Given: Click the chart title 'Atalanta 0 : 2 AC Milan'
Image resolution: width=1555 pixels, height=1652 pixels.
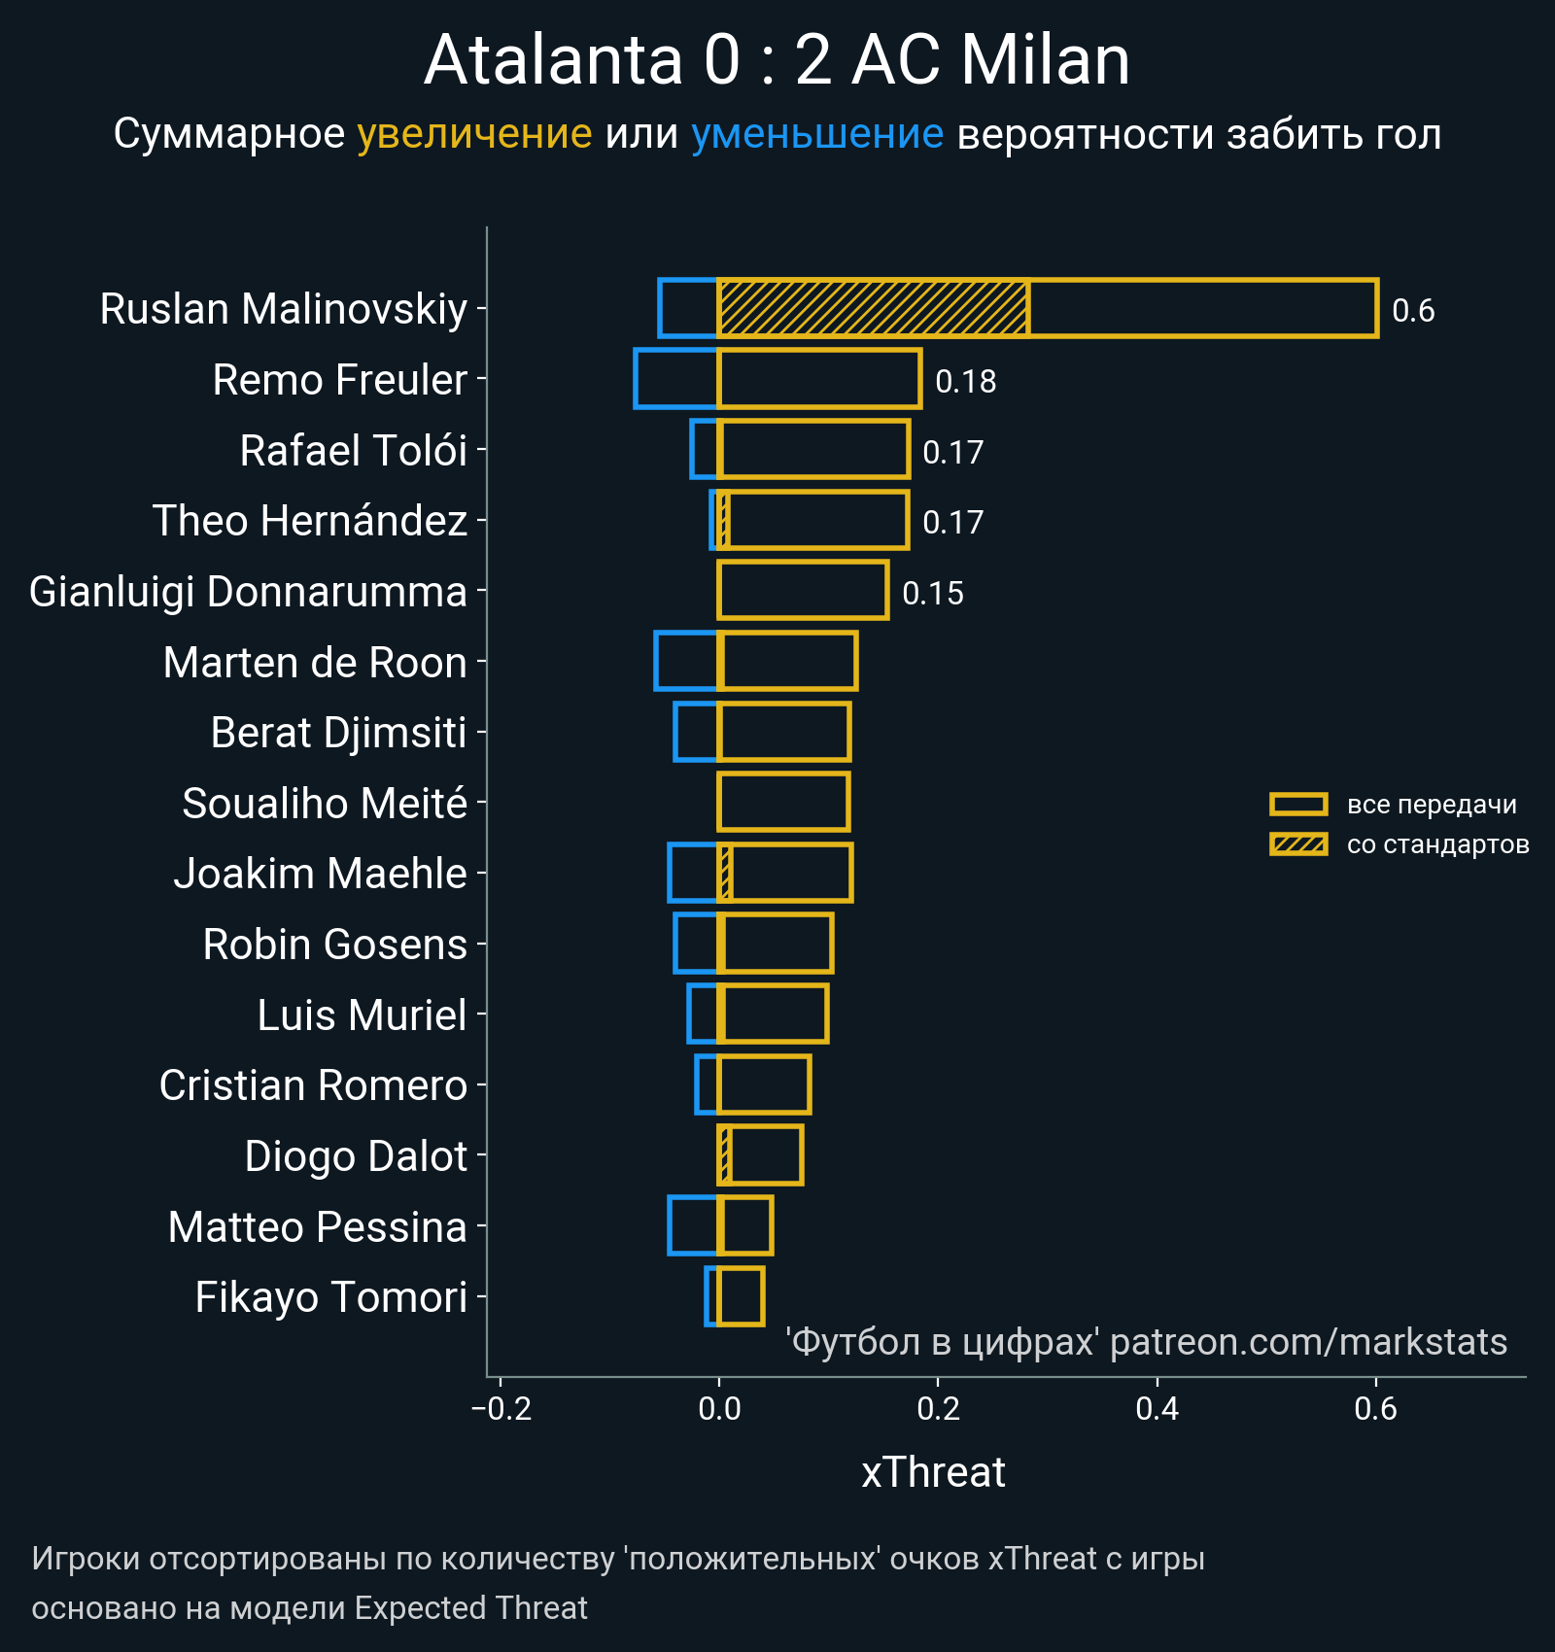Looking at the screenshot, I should (777, 60).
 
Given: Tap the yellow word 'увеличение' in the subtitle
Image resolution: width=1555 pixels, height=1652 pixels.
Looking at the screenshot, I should (474, 134).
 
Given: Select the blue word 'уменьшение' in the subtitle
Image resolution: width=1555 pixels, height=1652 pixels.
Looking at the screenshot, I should (816, 134).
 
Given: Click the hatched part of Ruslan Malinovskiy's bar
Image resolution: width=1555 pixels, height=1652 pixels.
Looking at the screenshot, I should (873, 308).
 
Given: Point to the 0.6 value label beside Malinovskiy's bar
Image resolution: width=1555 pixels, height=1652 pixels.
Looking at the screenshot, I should (1412, 311).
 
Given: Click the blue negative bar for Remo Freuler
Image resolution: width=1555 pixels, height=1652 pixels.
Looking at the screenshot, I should (676, 379).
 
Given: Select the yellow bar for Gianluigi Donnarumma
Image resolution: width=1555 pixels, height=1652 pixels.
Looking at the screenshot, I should (803, 590).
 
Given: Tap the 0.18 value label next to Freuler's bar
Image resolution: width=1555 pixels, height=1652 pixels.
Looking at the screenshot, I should (965, 382).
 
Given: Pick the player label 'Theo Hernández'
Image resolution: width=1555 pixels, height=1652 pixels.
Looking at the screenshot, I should (310, 521).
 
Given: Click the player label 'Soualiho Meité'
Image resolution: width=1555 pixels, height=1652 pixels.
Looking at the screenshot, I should (325, 804).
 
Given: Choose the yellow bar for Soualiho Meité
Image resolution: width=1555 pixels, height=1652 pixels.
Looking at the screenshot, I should (783, 802).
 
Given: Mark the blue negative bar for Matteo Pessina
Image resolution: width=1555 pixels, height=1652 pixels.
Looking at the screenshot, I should (693, 1225).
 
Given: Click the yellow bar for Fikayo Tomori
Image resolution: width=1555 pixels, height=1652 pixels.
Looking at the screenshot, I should (741, 1296).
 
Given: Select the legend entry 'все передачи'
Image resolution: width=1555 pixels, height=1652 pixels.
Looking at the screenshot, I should (1431, 805).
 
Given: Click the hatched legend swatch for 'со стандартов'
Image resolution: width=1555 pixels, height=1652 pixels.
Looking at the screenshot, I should (1298, 844).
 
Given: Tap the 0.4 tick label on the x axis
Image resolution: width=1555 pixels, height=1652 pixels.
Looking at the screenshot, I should (1157, 1408).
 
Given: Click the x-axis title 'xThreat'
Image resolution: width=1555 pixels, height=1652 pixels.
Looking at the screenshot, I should (933, 1472).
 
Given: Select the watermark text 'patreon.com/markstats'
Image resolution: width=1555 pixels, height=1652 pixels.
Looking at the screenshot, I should (1308, 1342).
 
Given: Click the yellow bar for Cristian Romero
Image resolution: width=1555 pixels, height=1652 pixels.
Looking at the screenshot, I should (764, 1084).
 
